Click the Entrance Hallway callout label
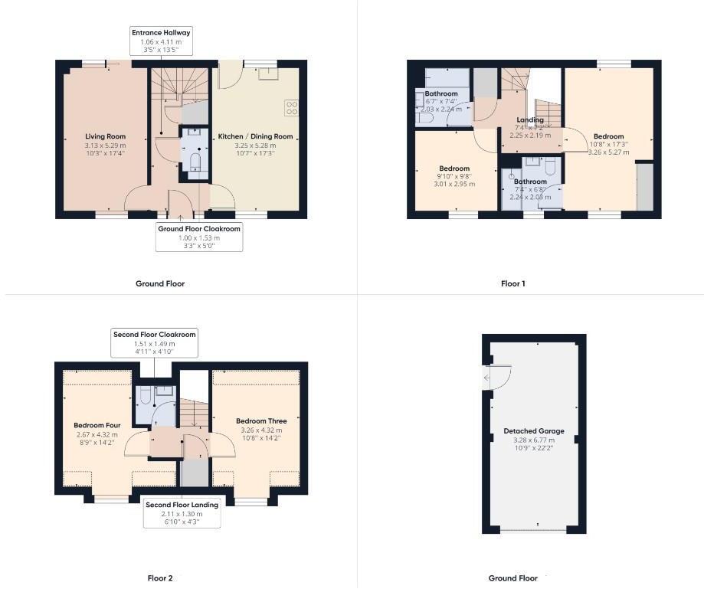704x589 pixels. point(161,32)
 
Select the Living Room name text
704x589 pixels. point(105,136)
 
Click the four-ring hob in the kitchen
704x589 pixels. point(291,108)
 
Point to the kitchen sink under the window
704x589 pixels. point(268,74)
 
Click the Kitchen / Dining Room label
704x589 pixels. point(255,136)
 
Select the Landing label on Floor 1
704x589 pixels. point(529,120)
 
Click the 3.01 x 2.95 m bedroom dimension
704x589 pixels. point(454,184)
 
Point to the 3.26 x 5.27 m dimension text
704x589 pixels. point(608,152)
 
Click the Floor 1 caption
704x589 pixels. point(512,283)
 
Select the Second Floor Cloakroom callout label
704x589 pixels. point(154,334)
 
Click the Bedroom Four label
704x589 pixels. point(93,425)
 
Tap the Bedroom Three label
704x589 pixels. point(261,421)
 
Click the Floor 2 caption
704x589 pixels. point(160,578)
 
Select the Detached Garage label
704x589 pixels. point(534,431)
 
